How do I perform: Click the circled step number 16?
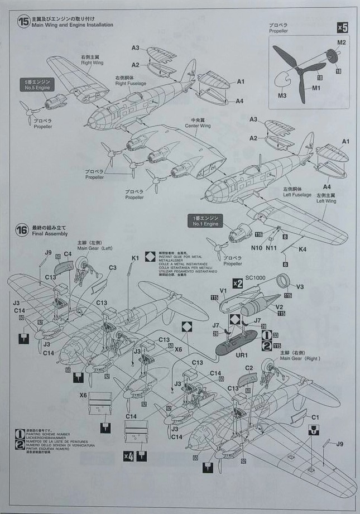coord(23,230)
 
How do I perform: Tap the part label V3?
coord(300,287)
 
